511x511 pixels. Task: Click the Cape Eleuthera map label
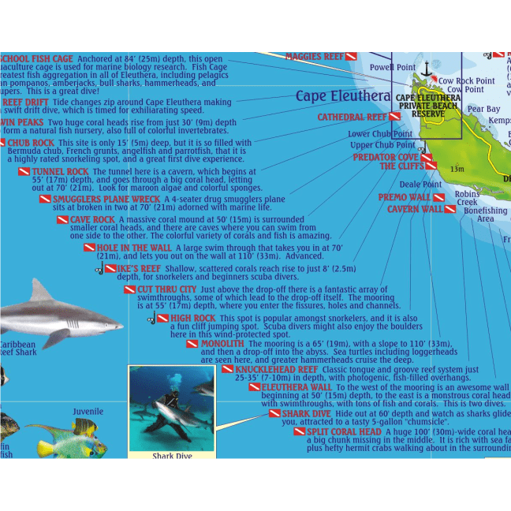point(343,97)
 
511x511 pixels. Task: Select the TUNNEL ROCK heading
point(62,172)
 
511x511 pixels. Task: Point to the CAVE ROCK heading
point(92,219)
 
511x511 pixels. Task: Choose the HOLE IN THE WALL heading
point(133,248)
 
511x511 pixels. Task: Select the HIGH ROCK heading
point(192,319)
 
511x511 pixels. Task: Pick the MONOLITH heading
point(222,344)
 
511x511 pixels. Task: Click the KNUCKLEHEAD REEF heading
point(275,369)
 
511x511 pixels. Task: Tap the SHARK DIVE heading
point(306,413)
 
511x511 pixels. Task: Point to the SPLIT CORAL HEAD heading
point(344,432)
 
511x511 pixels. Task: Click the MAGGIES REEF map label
point(315,58)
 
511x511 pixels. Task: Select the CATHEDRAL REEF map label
point(352,117)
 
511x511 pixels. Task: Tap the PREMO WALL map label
point(404,197)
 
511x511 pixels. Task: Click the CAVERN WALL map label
point(415,210)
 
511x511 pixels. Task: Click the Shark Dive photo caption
point(171,455)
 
